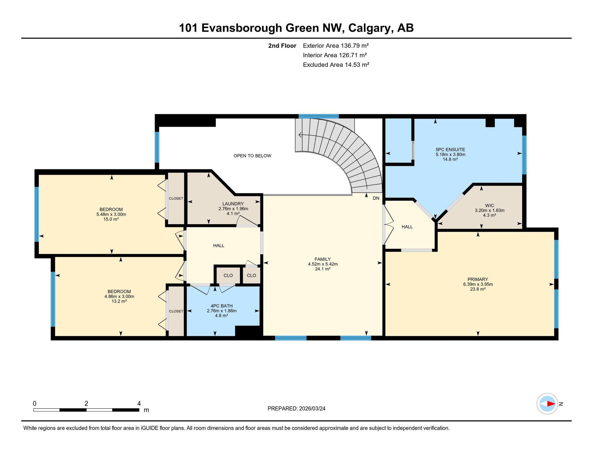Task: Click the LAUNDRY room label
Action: coord(233,204)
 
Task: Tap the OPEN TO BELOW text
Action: coord(252,156)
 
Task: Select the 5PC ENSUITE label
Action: coord(450,150)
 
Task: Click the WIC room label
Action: coord(489,205)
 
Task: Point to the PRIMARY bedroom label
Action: coord(478,279)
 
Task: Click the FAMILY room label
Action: coord(322,259)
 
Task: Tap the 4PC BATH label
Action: coord(221,306)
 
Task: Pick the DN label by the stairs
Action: coord(376,198)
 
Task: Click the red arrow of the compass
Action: coord(551,404)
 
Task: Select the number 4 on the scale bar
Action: coord(139,403)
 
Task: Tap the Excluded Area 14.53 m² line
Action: coord(336,65)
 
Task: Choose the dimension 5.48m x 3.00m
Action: coord(111,214)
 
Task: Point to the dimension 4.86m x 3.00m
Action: coord(119,296)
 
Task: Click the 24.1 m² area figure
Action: coord(322,269)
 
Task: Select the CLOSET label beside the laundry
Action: coord(176,198)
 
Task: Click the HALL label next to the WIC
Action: coord(407,227)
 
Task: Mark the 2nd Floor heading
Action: coord(282,46)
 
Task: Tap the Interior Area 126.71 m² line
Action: coord(335,55)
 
